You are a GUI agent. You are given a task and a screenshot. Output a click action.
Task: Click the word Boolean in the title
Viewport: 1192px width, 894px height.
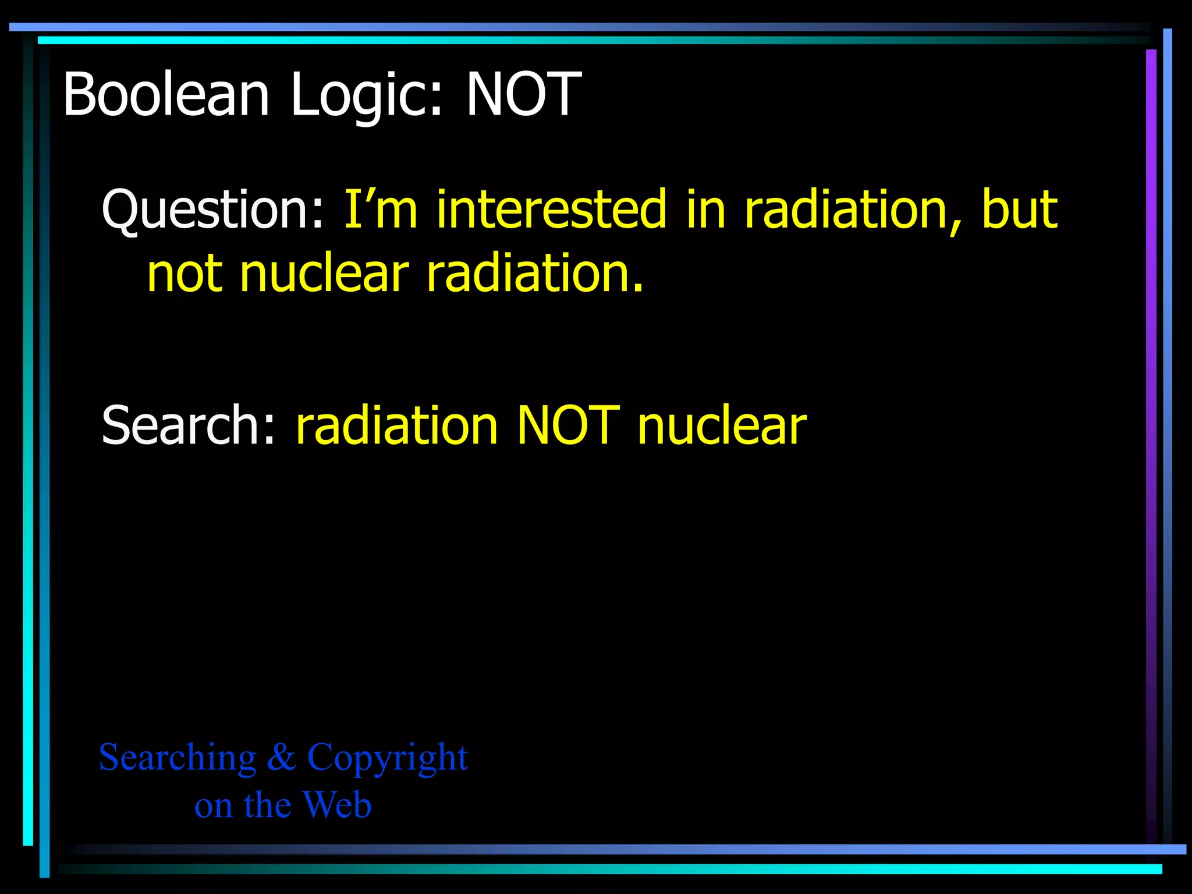tap(166, 94)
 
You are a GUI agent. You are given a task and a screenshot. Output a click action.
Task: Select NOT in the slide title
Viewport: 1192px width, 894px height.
tap(523, 94)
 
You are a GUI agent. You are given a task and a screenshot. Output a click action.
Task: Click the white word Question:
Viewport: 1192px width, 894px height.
tap(213, 210)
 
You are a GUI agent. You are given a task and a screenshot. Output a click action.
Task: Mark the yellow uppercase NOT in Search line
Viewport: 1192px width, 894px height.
tap(568, 425)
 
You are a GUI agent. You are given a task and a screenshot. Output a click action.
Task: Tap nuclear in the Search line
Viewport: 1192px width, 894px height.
tap(722, 425)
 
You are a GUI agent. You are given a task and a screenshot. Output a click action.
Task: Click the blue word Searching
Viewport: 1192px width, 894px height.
tap(178, 757)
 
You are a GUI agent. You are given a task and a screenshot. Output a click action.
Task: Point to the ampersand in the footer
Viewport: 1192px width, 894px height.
tap(282, 757)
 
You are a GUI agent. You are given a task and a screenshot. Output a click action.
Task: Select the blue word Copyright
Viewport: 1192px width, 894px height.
tap(387, 758)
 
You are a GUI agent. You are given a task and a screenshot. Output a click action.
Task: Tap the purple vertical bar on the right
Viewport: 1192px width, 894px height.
tap(1151, 442)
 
